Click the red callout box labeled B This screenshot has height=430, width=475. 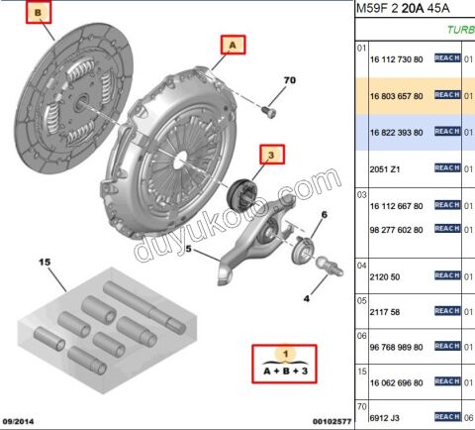tap(40, 14)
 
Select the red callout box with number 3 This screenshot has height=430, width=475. tap(271, 155)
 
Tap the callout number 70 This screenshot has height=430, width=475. tap(290, 79)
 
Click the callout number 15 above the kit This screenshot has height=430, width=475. tap(44, 263)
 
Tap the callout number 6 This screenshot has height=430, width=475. tap(323, 215)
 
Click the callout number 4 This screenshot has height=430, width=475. tap(306, 297)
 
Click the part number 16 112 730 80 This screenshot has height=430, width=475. tap(396, 60)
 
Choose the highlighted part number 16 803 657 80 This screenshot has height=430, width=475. tap(396, 96)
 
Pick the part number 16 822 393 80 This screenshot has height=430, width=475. tap(396, 132)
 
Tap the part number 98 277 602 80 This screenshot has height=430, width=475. tap(396, 230)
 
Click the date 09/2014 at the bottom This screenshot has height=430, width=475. tap(28, 421)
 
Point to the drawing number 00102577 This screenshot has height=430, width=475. tap(320, 421)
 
